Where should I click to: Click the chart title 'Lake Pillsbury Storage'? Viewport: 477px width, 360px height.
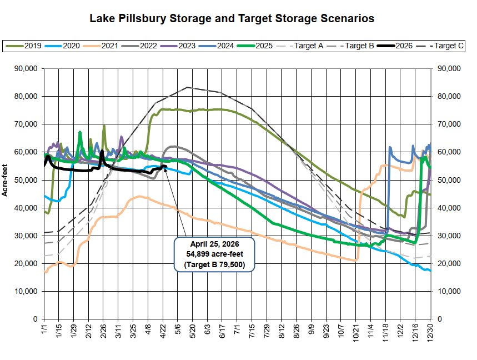pos(232,18)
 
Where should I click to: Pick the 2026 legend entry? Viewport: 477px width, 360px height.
pos(397,46)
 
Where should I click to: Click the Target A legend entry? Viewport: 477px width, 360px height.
pos(305,46)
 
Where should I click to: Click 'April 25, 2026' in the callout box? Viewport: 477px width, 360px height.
pos(214,245)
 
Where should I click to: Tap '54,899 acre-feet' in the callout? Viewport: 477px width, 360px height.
pos(214,255)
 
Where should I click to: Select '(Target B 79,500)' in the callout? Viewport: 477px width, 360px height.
pos(214,265)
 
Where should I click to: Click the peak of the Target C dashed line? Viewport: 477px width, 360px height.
pos(187,87)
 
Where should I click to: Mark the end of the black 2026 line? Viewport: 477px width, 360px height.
pos(165,166)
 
